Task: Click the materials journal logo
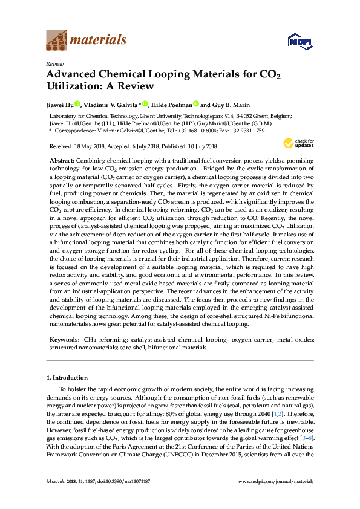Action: click(86, 40)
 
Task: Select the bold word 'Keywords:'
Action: click(63, 340)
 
